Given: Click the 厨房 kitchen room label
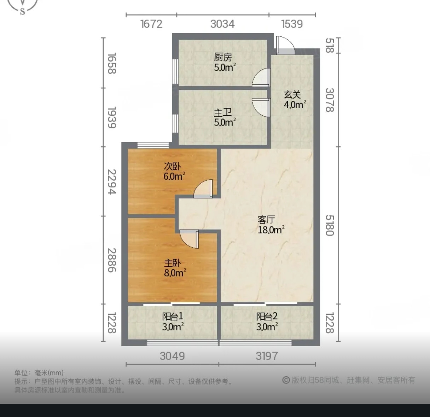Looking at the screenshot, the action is (223, 57).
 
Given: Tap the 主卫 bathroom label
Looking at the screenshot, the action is (223, 113).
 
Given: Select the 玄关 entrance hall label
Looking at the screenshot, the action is (292, 95).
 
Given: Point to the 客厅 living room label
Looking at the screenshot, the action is (267, 220).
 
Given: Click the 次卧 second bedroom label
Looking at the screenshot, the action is (172, 166).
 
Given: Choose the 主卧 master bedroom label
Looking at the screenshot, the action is (173, 263).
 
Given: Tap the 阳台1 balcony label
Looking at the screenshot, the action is (173, 317).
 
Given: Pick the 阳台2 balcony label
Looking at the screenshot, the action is (267, 317).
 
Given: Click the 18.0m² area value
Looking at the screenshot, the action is (271, 230).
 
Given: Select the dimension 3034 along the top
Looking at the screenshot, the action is (222, 24).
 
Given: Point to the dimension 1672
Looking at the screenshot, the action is (151, 24).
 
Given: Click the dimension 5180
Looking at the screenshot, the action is (330, 225).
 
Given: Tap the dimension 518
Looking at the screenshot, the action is (330, 46).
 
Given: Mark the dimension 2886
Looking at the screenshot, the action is (112, 260).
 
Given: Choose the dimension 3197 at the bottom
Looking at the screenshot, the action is (267, 356).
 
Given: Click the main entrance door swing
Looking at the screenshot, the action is (285, 45).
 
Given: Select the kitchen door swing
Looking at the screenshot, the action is (261, 77).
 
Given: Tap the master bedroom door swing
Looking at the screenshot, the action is (189, 239).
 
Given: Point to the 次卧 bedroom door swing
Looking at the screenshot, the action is (203, 189).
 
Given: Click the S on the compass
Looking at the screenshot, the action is (23, 11).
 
